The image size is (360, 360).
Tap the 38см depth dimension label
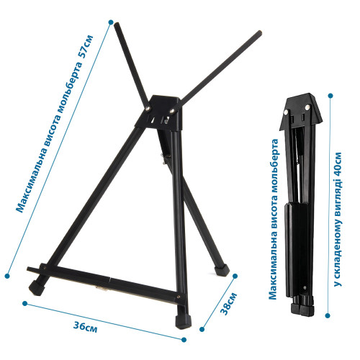tap(228, 303)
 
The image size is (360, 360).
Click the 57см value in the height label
tap(86, 47)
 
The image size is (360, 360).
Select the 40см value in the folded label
tap(338, 163)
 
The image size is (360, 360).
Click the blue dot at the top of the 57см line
tap(111, 22)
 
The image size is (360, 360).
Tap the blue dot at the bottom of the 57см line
tap(7, 276)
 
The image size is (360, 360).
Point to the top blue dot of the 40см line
tap(330, 96)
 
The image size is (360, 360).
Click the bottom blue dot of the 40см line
tap(328, 315)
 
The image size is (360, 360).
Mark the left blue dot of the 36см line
tap(24, 303)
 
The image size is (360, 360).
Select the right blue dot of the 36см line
tap(184, 340)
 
